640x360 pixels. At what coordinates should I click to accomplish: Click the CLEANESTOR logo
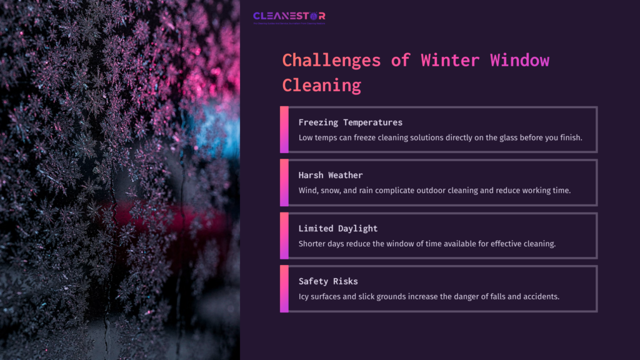point(289,17)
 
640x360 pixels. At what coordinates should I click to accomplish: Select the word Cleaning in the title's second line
point(321,84)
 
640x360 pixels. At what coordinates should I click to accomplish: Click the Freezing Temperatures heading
point(350,122)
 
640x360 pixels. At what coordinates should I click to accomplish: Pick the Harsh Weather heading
point(330,175)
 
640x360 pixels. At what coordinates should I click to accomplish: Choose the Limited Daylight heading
point(337,228)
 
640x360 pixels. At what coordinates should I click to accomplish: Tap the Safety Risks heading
point(327,281)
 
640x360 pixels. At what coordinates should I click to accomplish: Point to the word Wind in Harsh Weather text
point(309,191)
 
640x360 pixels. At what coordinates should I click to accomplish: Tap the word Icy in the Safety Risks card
point(304,297)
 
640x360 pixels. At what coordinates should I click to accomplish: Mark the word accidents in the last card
point(539,297)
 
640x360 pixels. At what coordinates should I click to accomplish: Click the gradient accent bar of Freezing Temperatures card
point(284,129)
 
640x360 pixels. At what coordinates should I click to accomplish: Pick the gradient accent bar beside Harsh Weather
point(284,182)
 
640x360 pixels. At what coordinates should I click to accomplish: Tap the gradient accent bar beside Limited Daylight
point(284,236)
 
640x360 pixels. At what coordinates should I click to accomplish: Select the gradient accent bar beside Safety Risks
point(284,289)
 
